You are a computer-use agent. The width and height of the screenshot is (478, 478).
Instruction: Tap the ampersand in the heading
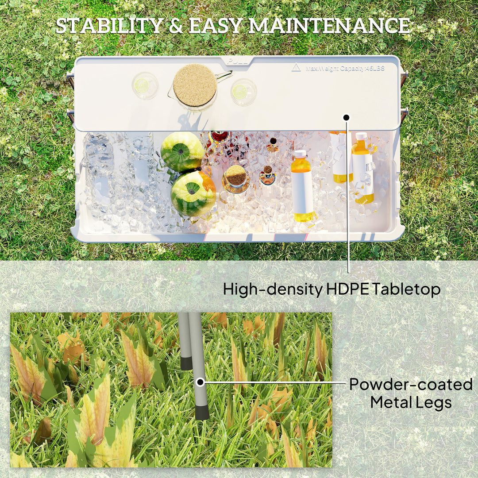tap(176, 27)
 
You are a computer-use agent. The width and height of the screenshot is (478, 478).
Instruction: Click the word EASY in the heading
tap(216, 26)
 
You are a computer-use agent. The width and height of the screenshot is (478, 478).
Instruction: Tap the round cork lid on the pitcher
tap(195, 85)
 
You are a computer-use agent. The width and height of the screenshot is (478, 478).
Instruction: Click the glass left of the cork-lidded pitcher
tap(145, 85)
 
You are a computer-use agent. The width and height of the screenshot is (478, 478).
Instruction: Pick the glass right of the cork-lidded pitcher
tap(243, 92)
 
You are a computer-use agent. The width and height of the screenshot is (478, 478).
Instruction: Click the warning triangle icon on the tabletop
tap(296, 68)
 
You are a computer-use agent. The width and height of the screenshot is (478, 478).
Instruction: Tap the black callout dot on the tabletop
tap(346, 117)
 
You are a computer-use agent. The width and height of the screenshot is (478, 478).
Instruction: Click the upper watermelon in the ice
tap(182, 151)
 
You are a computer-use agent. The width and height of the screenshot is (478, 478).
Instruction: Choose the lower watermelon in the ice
tap(193, 193)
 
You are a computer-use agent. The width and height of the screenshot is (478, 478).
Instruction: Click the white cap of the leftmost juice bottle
tap(301, 154)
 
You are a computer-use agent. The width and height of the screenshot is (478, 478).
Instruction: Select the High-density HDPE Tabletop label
tap(332, 289)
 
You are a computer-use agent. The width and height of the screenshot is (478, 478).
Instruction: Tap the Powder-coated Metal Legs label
tap(410, 393)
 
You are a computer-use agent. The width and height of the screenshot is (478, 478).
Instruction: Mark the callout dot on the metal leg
tap(200, 382)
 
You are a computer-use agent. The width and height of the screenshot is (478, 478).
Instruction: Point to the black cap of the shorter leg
tap(186, 363)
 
